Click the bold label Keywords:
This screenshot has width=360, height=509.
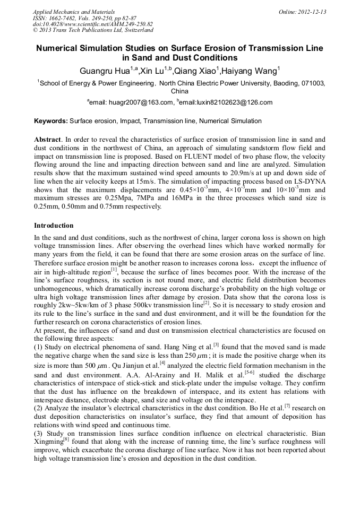pos(51,121)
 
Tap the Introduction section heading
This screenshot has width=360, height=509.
pos(54,226)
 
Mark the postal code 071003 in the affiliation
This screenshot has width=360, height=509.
pos(312,83)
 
